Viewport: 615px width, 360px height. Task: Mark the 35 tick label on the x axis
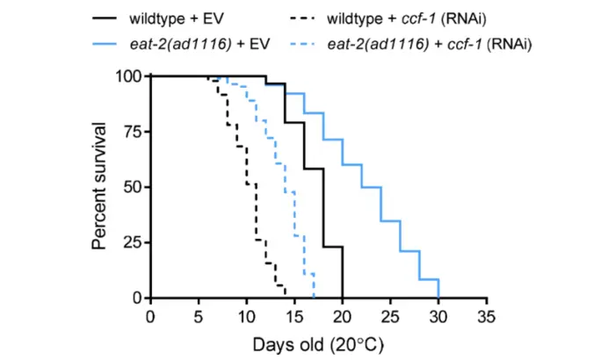pos(487,315)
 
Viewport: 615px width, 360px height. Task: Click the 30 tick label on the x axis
pos(438,315)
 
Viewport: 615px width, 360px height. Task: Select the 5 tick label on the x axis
pos(199,315)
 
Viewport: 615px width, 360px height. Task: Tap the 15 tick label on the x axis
pos(294,315)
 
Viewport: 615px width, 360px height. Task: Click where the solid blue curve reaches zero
pos(438,298)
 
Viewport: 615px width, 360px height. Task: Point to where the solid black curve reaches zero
pos(343,298)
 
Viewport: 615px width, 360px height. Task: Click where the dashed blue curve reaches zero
pos(314,298)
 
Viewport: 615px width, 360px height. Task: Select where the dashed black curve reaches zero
pos(285,298)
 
